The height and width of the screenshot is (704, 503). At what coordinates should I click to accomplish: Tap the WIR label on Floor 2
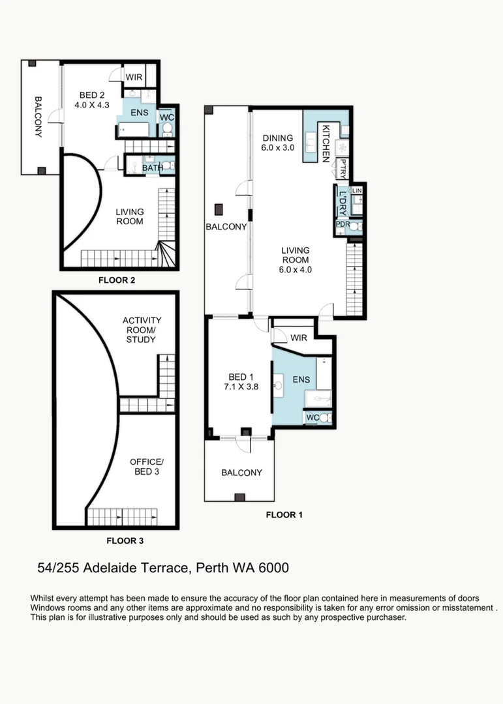point(134,76)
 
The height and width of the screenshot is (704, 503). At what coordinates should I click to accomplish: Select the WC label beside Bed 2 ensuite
point(166,117)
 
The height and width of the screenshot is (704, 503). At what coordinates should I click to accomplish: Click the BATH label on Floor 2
point(152,168)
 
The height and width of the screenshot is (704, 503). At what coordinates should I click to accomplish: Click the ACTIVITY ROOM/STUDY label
point(142,330)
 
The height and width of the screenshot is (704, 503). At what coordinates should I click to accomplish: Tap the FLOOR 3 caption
point(125,540)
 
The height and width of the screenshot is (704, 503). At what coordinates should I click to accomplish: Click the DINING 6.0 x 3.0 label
point(279,143)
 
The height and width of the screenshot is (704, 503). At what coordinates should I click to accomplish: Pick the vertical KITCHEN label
point(324,142)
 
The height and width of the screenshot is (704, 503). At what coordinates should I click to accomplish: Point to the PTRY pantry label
point(344,171)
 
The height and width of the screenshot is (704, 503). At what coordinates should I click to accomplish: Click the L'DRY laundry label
point(342,203)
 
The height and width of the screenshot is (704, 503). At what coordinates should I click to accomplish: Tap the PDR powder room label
point(343,225)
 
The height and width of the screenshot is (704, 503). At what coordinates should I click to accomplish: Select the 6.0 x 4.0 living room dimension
point(295,269)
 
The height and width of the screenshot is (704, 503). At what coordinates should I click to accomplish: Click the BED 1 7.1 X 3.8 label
point(237,382)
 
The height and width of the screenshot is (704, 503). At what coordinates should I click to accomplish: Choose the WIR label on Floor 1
point(299,338)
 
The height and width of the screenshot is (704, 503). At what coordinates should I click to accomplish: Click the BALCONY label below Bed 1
point(241,473)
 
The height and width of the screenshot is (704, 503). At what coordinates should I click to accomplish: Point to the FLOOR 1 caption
point(284,514)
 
